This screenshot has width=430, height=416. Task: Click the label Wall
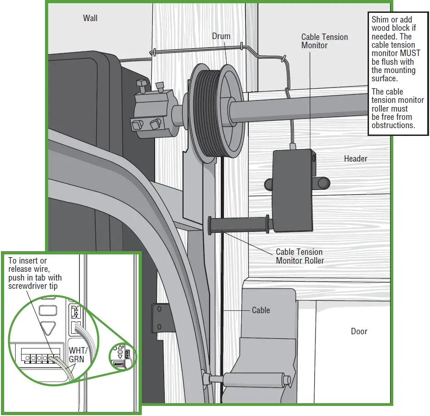(x=90, y=18)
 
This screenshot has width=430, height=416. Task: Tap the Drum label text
(x=221, y=36)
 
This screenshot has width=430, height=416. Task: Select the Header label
(x=355, y=158)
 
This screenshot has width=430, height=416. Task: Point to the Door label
(x=359, y=331)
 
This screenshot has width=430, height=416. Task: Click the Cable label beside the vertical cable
(x=261, y=310)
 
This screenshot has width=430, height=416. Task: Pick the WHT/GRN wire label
(x=78, y=355)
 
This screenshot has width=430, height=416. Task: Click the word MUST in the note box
(x=410, y=53)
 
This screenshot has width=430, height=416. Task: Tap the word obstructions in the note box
(x=393, y=125)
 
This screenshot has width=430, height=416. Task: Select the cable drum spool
(x=216, y=111)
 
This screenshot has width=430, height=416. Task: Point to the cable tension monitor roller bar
(x=239, y=225)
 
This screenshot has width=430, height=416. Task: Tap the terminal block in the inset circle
(x=40, y=355)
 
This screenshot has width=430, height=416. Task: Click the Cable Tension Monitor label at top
(x=324, y=41)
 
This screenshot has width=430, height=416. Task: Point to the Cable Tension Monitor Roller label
(x=300, y=256)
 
